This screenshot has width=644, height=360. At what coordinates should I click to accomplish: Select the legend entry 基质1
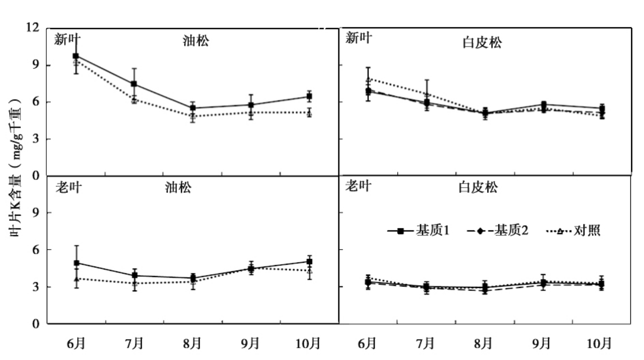pyautogui.click(x=432, y=231)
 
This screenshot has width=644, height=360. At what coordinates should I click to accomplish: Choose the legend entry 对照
pyautogui.click(x=587, y=231)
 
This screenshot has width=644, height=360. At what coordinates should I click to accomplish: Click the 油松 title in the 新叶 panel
pyautogui.click(x=196, y=41)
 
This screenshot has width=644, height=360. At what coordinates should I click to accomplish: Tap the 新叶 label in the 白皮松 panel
pyautogui.click(x=359, y=38)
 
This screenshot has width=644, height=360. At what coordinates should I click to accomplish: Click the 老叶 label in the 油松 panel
pyautogui.click(x=69, y=187)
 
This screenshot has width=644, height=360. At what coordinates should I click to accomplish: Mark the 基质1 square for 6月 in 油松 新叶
pyautogui.click(x=76, y=56)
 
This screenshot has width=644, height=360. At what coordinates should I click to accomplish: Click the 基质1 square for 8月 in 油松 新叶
pyautogui.click(x=192, y=108)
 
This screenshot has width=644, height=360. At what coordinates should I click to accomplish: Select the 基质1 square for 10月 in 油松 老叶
pyautogui.click(x=309, y=261)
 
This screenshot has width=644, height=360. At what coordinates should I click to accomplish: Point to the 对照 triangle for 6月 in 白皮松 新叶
pyautogui.click(x=368, y=79)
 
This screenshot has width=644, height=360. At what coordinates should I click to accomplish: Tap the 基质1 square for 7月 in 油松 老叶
pyautogui.click(x=134, y=275)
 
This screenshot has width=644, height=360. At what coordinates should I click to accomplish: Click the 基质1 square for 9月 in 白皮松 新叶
pyautogui.click(x=543, y=105)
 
